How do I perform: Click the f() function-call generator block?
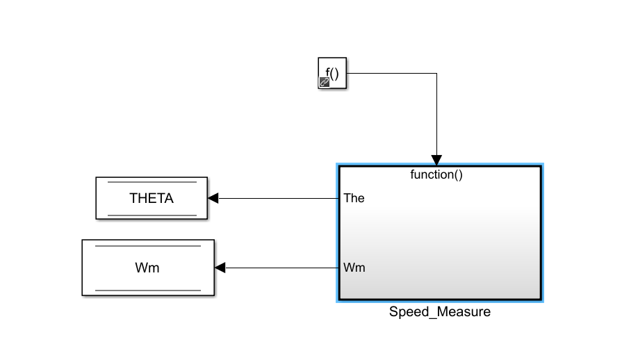(333, 72)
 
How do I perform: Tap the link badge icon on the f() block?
(324, 83)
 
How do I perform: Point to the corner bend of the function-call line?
(436, 73)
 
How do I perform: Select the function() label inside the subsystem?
(436, 174)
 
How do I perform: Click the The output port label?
(354, 198)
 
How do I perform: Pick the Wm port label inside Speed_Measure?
(355, 268)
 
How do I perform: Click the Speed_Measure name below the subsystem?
(439, 312)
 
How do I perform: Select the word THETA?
(152, 198)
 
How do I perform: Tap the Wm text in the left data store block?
(148, 268)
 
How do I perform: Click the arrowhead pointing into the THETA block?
(213, 198)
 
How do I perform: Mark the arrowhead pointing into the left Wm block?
(220, 268)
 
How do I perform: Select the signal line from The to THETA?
(278, 198)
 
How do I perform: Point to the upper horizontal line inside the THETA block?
(152, 182)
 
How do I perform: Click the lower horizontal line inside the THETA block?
(152, 215)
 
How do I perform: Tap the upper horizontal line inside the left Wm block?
(148, 246)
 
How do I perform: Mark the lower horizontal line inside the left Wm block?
(148, 290)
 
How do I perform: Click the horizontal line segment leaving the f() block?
(389, 73)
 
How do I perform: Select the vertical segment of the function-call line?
(436, 115)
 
